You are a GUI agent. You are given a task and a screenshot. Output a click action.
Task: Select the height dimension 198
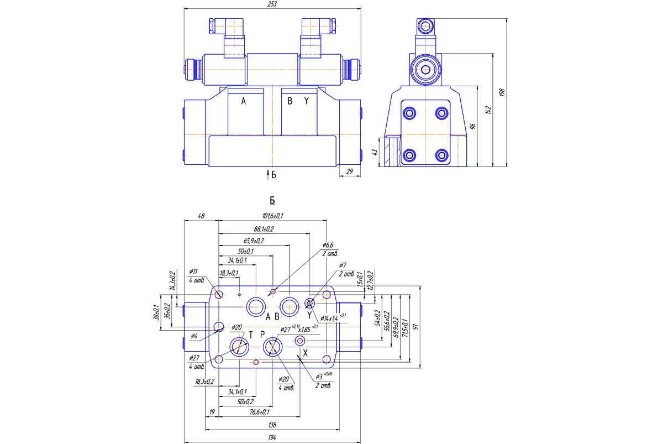[x=502, y=92]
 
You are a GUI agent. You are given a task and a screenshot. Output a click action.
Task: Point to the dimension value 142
[x=487, y=110]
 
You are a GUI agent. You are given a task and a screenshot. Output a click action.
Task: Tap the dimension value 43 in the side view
[x=375, y=152]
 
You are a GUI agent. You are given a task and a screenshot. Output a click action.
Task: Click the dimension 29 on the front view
[x=349, y=172]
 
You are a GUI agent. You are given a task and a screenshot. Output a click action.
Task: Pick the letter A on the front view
[x=243, y=101]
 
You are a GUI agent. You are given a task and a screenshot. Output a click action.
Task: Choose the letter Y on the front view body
[x=307, y=101]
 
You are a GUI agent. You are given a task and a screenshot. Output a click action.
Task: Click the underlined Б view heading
[x=272, y=201]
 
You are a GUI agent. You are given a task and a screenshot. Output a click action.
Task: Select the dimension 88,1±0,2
[x=264, y=228]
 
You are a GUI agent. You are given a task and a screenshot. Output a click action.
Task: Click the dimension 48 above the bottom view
[x=201, y=216]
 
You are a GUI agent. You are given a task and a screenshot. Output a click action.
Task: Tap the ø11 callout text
[x=193, y=271]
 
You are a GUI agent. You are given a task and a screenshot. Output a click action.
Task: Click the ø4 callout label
[x=194, y=335]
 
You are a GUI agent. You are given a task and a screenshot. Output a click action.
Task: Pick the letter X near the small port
[x=305, y=352]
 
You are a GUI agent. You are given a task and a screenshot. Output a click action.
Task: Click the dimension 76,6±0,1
[x=259, y=411]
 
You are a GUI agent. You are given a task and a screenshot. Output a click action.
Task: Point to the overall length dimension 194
[x=271, y=438]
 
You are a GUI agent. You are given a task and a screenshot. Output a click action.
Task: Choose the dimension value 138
[x=271, y=425]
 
